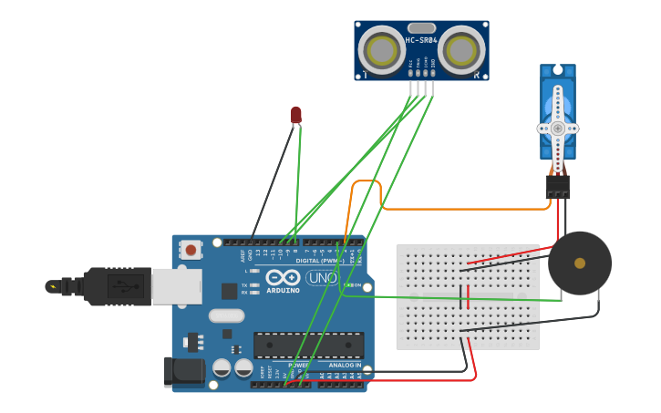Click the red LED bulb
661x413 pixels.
(x=295, y=114)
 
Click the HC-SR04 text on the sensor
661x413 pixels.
(x=421, y=40)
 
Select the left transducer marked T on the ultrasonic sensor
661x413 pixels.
(x=381, y=49)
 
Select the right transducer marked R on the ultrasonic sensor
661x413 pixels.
(x=461, y=49)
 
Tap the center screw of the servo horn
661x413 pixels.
(x=557, y=129)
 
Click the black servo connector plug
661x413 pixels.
(x=557, y=186)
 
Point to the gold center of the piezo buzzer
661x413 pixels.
(x=580, y=263)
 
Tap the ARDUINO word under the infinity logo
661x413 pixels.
(x=284, y=290)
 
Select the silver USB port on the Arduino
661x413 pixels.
(x=176, y=286)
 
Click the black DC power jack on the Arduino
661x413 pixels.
(x=181, y=371)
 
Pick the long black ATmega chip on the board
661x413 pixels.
(x=308, y=345)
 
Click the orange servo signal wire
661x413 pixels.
(x=456, y=209)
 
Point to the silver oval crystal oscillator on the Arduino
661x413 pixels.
(x=226, y=316)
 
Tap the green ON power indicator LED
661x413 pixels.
(x=346, y=284)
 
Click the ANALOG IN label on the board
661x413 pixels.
(x=345, y=365)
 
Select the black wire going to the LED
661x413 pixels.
(x=271, y=182)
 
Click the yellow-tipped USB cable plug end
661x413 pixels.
(x=52, y=286)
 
